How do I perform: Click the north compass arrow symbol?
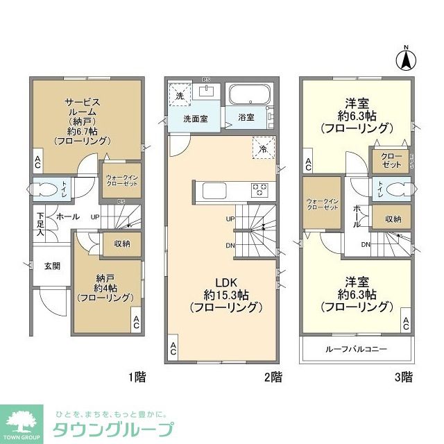pos(406,59)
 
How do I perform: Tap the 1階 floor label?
pos(137,377)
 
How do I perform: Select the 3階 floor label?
pos(403,377)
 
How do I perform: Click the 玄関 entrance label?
pos(53,265)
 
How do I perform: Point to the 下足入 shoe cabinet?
pos(40,225)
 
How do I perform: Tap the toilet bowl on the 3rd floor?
pos(393,188)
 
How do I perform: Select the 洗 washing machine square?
pos(179,96)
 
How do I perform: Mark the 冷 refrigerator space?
pos(263,148)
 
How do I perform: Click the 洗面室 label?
pos(195,119)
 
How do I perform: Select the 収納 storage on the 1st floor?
pos(122,244)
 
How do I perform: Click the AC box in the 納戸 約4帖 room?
pos(136,321)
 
